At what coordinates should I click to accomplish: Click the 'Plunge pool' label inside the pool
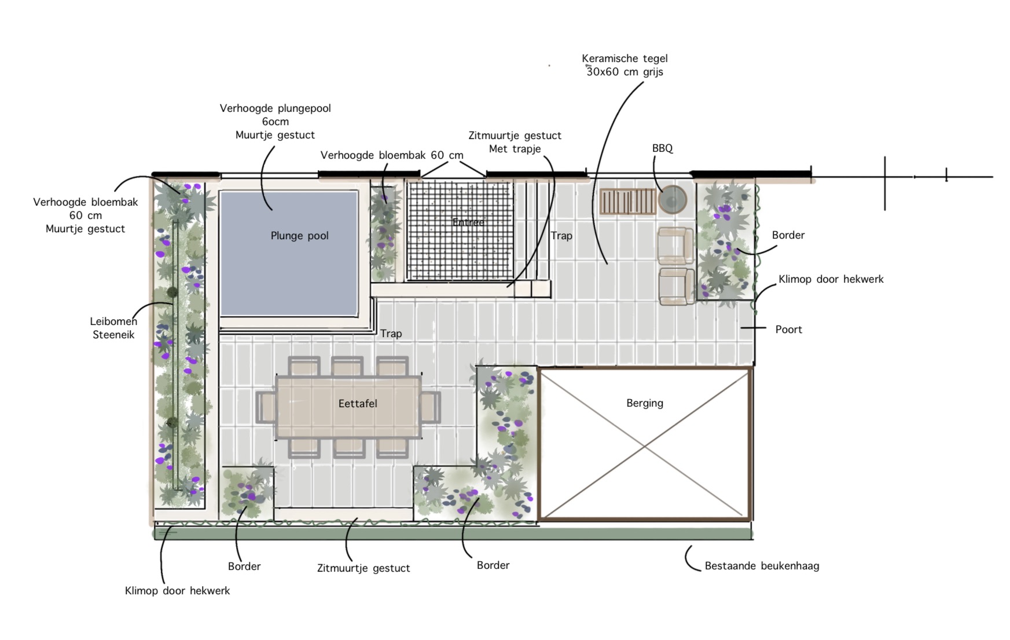(x=299, y=236)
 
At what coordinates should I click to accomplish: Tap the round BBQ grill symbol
(x=672, y=200)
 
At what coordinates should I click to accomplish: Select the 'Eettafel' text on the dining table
(x=358, y=404)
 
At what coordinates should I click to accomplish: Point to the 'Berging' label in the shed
(x=645, y=403)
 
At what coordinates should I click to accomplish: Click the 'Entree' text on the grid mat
(x=468, y=222)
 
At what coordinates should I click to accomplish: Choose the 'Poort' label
(x=788, y=330)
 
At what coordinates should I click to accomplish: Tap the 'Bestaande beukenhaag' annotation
(x=762, y=566)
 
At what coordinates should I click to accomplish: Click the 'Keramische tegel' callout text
(x=625, y=58)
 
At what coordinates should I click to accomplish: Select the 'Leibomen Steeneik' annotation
(x=113, y=328)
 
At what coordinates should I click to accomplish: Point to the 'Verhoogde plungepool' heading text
(x=275, y=108)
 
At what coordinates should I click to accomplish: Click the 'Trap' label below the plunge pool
(x=391, y=334)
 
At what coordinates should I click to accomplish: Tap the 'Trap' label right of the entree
(x=561, y=236)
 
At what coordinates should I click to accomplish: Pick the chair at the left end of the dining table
(x=265, y=407)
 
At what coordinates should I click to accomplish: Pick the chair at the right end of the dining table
(x=430, y=407)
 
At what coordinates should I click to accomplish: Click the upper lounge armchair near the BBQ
(x=675, y=246)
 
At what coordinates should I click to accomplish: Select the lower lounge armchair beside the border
(x=676, y=286)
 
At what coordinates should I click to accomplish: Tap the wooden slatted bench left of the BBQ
(x=627, y=201)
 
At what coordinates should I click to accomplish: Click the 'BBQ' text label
(x=662, y=148)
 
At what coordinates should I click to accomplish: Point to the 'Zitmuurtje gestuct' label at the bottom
(x=363, y=568)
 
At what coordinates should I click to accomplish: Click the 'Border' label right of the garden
(x=788, y=235)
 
